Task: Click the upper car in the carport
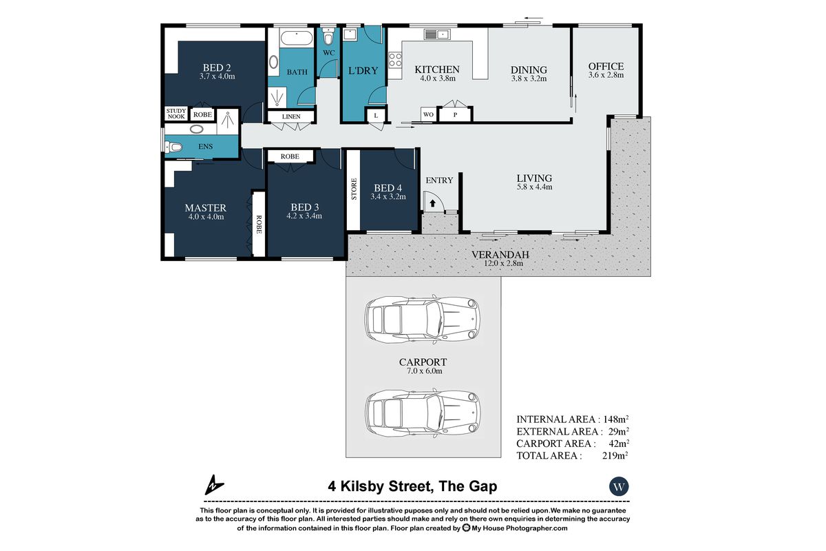tap(423, 318)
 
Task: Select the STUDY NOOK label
tap(176, 114)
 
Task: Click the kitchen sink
tap(436, 34)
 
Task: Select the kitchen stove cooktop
tap(395, 60)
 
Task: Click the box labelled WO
tap(427, 114)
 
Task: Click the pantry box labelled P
tap(455, 115)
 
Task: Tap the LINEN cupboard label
tap(290, 117)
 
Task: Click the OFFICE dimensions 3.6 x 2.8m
tap(606, 75)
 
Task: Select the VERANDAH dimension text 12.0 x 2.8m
tap(498, 262)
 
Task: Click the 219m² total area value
tap(615, 455)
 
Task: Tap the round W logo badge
tap(619, 486)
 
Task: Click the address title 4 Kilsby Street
tap(412, 486)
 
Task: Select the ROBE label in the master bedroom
tap(259, 225)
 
